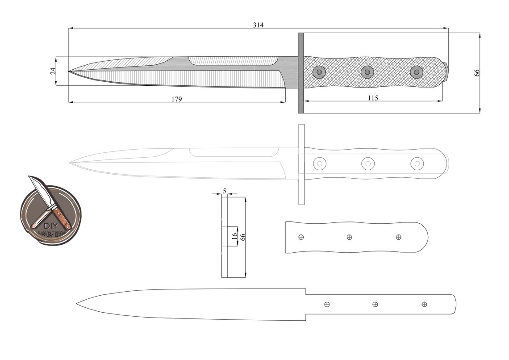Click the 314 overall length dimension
click(x=258, y=25)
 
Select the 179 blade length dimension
click(x=177, y=99)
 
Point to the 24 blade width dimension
click(x=53, y=71)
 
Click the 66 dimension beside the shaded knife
click(x=477, y=72)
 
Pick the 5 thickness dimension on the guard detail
click(x=224, y=191)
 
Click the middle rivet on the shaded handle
click(x=367, y=71)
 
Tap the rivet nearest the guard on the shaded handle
click(x=318, y=71)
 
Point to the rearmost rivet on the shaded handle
click(x=416, y=71)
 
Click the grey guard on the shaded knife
click(x=300, y=73)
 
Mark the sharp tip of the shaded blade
click(x=69, y=71)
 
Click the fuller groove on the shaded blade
click(x=232, y=61)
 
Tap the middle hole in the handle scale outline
click(x=349, y=237)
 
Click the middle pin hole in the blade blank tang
click(x=375, y=304)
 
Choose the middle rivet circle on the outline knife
click(x=367, y=164)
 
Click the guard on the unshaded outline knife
click(x=301, y=164)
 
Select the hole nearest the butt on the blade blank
click(x=424, y=304)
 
